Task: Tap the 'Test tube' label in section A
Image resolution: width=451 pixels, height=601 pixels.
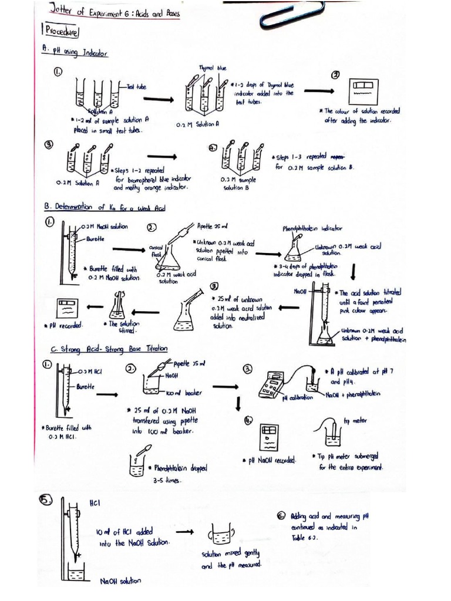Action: click(138, 86)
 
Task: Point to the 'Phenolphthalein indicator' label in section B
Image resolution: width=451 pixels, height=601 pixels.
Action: click(313, 228)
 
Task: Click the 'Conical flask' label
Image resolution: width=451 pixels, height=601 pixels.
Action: click(156, 251)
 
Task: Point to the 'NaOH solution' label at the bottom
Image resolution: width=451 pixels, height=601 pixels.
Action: click(120, 581)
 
